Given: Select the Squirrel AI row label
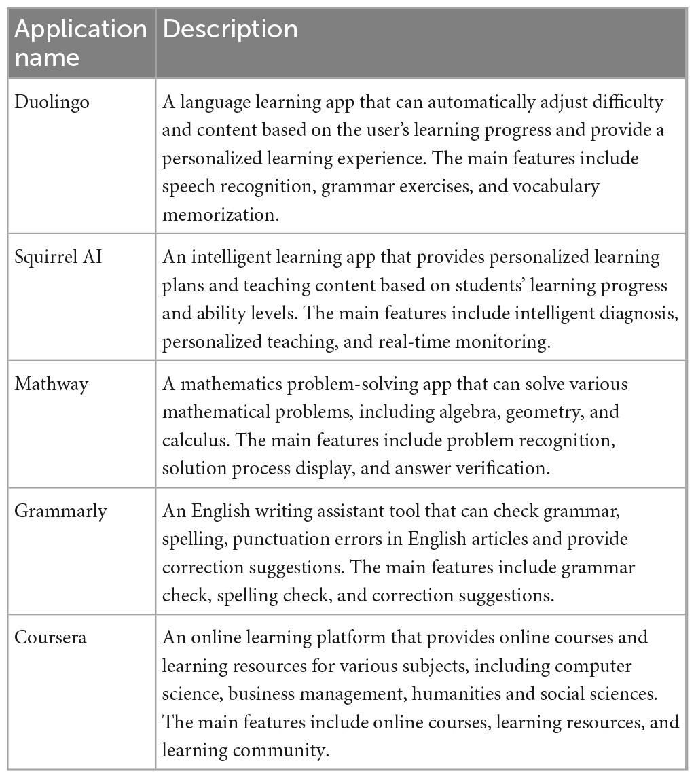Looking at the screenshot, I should tap(58, 258).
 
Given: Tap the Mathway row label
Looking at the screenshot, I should tap(52, 385).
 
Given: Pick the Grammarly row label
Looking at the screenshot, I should tap(61, 511).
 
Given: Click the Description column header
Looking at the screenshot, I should tap(230, 29).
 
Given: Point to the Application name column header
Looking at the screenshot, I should tap(80, 42).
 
